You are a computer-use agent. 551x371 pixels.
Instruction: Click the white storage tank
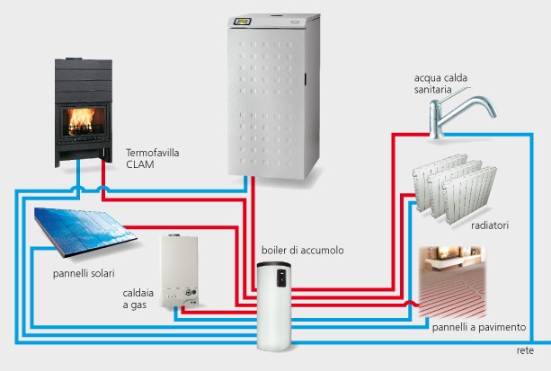pos(279,305)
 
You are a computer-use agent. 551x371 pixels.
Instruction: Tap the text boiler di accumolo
pos(289,250)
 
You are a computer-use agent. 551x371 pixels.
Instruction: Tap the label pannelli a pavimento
pos(479,328)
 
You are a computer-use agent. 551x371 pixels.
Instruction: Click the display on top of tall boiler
pos(272,21)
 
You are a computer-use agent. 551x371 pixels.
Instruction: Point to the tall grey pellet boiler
pos(273,99)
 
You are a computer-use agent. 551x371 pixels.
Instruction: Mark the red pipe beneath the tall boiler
pos(254,216)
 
